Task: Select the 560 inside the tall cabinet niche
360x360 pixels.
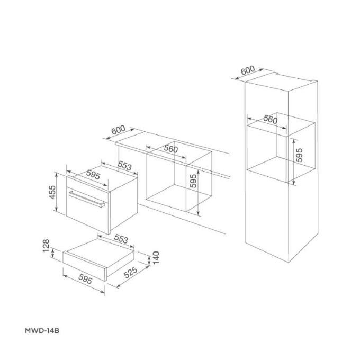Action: [x=271, y=120]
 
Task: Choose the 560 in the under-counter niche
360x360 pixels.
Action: [x=170, y=149]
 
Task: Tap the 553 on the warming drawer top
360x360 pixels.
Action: [x=122, y=239]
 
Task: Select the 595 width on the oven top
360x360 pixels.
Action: [x=93, y=175]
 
